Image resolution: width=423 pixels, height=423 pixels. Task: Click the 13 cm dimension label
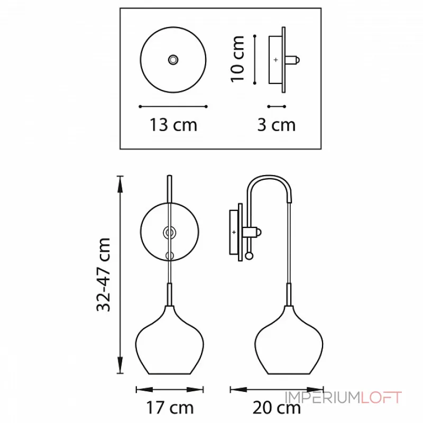click(173, 125)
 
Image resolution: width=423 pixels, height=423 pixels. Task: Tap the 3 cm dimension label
click(277, 125)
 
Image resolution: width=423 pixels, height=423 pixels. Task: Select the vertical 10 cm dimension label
click(237, 59)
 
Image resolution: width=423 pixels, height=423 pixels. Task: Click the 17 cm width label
click(170, 408)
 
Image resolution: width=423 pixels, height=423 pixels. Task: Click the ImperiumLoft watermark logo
click(343, 398)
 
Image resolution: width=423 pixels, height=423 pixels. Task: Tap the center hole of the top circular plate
click(173, 60)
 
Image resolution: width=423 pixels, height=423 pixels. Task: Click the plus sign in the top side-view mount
click(275, 60)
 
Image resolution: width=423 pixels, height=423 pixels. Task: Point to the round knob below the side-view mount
click(250, 256)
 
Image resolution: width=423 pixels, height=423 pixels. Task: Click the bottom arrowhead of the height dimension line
click(121, 371)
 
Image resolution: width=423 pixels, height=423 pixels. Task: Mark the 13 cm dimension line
click(173, 106)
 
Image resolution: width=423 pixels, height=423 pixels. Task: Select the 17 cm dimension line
click(169, 390)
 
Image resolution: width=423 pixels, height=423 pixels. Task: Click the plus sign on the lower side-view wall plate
click(234, 232)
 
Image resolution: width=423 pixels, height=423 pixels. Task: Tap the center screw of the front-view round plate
click(170, 232)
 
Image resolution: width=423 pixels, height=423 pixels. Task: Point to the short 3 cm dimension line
click(277, 106)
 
